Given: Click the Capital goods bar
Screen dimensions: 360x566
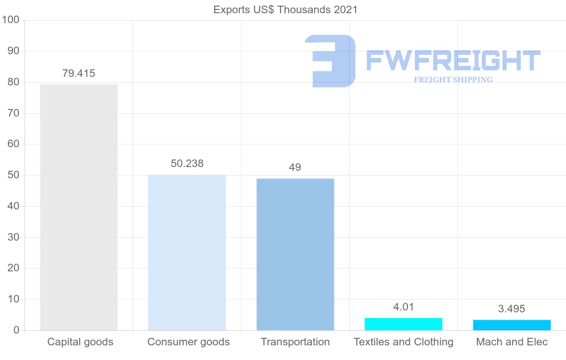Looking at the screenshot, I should [x=79, y=207].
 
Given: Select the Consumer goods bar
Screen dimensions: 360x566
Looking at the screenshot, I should [x=187, y=252].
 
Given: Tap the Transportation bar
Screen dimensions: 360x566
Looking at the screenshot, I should [x=295, y=254].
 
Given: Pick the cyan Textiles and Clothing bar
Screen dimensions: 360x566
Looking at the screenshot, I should [x=403, y=324].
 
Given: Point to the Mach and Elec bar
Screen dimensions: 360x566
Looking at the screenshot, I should [x=512, y=325].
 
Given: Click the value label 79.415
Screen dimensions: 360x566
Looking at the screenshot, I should [x=79, y=74].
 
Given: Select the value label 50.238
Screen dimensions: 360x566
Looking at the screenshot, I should [x=187, y=164].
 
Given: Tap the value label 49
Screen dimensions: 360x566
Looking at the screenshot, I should [x=295, y=167].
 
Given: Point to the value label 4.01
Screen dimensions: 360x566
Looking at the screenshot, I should [x=403, y=307].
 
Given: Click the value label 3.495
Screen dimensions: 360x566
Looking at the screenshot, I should [x=512, y=309].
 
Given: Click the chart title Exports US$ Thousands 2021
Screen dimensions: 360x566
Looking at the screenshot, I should [x=285, y=9].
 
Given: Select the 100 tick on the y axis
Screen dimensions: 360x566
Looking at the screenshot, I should [x=10, y=20].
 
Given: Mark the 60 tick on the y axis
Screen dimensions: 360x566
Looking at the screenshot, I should [x=13, y=144].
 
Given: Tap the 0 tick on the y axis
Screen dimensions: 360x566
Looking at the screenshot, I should [x=16, y=330].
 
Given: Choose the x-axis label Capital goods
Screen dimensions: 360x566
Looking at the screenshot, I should [x=80, y=342].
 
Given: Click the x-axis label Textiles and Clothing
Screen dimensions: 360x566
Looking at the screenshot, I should [x=403, y=342].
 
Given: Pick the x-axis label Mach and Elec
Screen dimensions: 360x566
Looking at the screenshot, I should [x=512, y=342].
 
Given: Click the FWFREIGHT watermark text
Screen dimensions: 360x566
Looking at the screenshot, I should [x=453, y=60].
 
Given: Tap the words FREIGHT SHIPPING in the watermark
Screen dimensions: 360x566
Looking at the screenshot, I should [x=453, y=80].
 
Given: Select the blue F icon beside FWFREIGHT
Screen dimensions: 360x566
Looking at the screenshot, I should [x=330, y=60].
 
